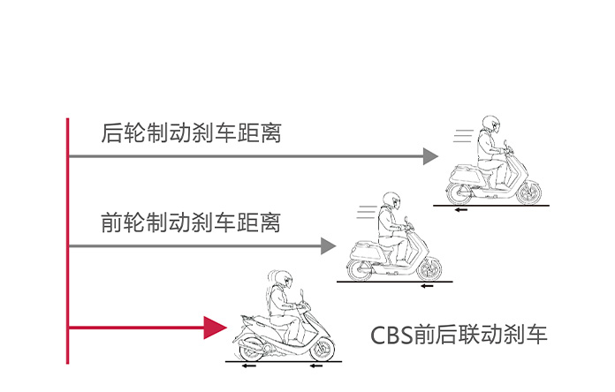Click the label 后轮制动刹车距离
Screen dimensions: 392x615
tap(191, 133)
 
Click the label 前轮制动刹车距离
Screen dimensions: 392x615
tap(191, 222)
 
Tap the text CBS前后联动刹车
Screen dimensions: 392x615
tap(459, 335)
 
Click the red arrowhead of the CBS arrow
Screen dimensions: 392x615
tap(215, 328)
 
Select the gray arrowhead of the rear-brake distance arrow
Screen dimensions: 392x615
tap(430, 156)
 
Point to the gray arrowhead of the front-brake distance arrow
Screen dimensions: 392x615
tap(329, 246)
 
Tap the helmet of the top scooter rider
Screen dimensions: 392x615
tap(491, 124)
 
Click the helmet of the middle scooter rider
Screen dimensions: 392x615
tap(391, 201)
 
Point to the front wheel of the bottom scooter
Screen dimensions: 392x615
tap(322, 349)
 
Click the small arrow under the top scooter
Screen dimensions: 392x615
tap(460, 210)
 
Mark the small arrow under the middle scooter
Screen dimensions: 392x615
tap(428, 286)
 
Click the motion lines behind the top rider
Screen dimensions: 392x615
tap(462, 135)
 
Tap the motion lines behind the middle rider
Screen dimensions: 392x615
tap(363, 212)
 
